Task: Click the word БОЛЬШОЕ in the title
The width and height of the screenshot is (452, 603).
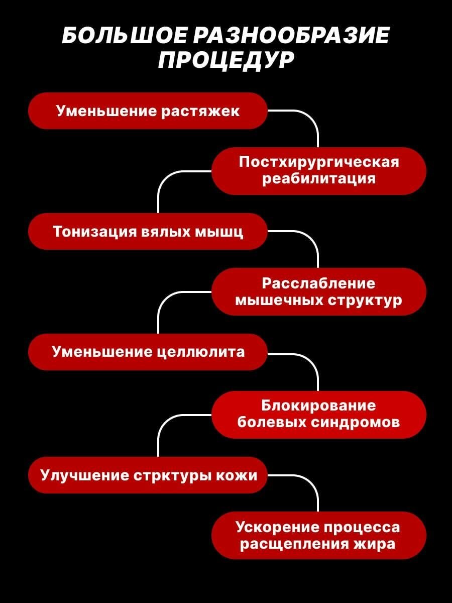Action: click(124, 37)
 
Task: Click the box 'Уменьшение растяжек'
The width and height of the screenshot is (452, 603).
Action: click(147, 111)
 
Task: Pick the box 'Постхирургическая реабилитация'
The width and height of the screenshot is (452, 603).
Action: click(318, 171)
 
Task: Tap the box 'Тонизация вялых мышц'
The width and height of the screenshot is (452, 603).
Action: click(147, 232)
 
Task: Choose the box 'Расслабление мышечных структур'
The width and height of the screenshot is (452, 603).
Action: click(318, 291)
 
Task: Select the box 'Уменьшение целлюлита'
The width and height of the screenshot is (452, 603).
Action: click(147, 352)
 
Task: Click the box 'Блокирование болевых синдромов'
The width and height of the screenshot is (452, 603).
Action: click(318, 414)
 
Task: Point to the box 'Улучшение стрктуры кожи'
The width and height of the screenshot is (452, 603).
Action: click(147, 475)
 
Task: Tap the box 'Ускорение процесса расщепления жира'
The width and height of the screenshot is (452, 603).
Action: click(318, 535)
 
